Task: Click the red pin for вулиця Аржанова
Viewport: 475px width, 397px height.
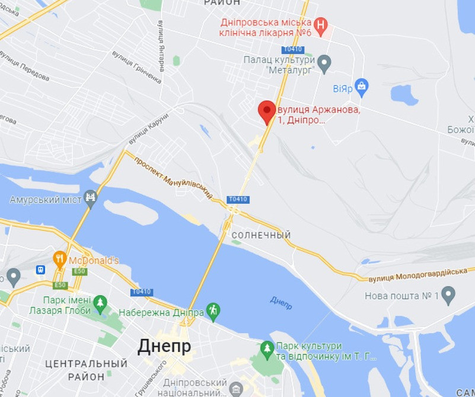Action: (267, 111)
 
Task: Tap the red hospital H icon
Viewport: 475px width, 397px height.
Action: (321, 25)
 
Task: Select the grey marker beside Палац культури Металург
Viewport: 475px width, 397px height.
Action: (324, 62)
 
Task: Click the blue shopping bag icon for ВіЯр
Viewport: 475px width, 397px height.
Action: (361, 87)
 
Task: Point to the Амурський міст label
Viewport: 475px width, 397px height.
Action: (45, 200)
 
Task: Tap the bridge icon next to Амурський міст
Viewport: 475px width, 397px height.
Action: (90, 198)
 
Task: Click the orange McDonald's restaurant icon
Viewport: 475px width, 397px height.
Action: (59, 259)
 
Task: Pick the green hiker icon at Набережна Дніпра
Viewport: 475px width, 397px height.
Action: (213, 310)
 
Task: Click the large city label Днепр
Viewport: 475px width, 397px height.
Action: (164, 346)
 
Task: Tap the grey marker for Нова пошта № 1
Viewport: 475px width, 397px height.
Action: (448, 294)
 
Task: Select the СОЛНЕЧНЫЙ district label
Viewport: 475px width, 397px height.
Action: (261, 235)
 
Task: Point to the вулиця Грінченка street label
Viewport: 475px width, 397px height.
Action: (136, 66)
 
